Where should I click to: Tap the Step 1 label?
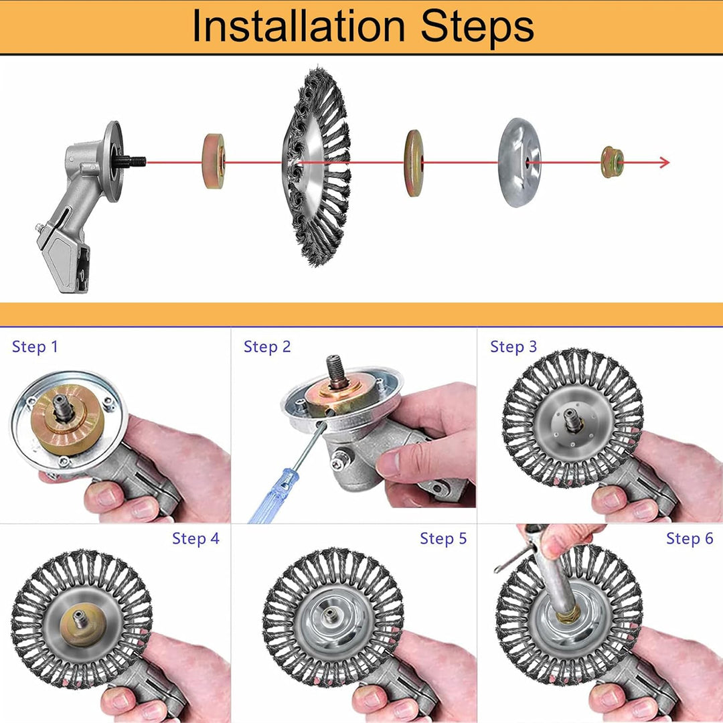point(35,347)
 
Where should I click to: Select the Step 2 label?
point(267,347)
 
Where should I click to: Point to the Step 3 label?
point(513,347)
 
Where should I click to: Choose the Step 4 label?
point(196,538)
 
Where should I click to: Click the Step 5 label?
point(444,538)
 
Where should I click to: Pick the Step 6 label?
point(690,538)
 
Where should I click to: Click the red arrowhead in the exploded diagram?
point(664,162)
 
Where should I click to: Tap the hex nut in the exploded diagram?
point(613,162)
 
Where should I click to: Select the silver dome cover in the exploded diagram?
point(519,162)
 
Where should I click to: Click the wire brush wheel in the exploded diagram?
point(316,167)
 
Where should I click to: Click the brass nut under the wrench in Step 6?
point(568,614)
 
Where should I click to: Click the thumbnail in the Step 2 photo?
point(388,463)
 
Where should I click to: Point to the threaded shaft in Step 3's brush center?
point(572,420)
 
